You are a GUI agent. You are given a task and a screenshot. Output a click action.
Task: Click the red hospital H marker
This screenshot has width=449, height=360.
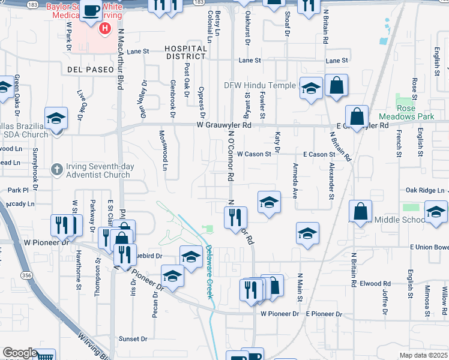pyautogui.click(x=106, y=28)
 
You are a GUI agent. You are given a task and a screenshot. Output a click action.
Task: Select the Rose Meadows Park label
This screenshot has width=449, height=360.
pyautogui.click(x=414, y=112)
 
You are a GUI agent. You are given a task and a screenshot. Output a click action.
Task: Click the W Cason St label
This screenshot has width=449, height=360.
pyautogui.click(x=254, y=154)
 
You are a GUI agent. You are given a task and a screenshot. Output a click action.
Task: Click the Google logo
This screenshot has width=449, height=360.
pyautogui.click(x=20, y=353)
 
